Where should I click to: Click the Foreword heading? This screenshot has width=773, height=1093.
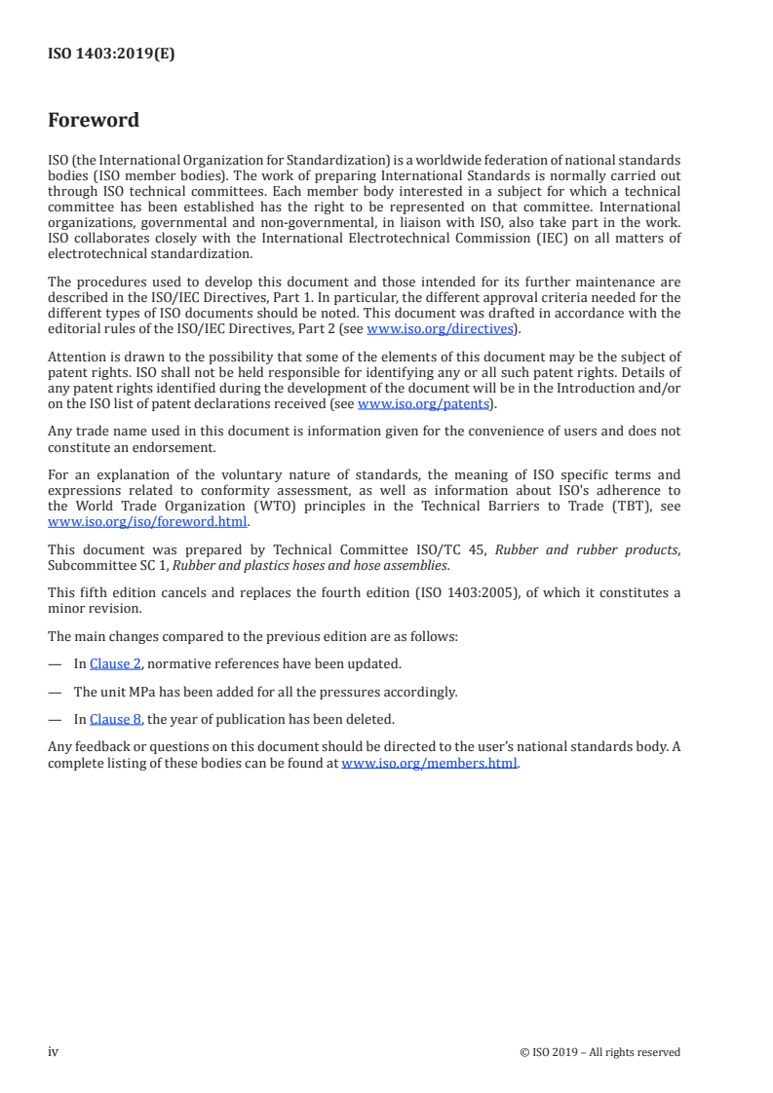coord(94,121)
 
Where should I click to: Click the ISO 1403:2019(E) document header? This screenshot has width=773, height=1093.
coord(111,55)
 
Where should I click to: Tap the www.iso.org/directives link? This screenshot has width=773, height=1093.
coord(440,329)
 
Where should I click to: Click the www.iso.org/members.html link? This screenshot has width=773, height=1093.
coord(429,763)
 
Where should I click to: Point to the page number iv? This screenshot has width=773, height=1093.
coord(54,1051)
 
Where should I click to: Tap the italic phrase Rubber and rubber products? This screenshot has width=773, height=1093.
coord(586,550)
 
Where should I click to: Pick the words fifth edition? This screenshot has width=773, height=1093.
coord(108,592)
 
